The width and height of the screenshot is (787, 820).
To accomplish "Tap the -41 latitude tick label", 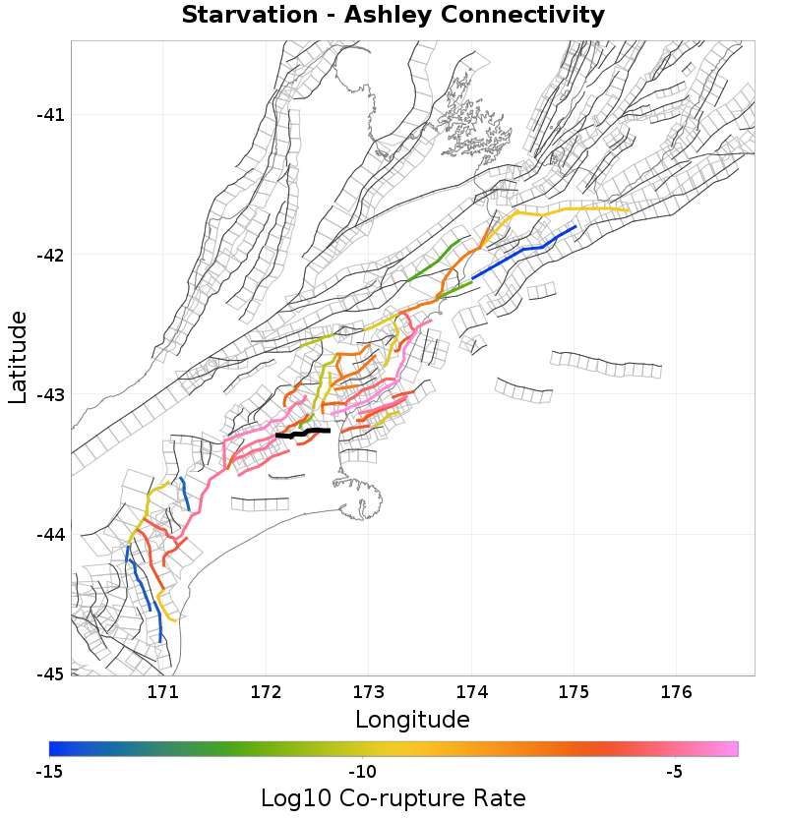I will [50, 115].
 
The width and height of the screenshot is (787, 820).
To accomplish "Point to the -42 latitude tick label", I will [50, 256].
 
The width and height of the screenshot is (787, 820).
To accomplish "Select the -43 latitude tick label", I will [50, 395].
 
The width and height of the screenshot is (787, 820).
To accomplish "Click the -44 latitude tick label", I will [50, 535].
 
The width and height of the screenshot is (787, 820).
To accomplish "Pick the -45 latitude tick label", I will [50, 674].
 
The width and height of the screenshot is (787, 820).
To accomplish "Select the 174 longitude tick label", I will [471, 692].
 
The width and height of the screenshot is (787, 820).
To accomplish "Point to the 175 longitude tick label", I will [574, 692].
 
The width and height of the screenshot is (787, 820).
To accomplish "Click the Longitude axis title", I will [412, 720].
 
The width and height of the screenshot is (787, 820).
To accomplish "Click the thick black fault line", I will [305, 433].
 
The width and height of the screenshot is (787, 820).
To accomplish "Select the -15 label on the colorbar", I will [49, 772].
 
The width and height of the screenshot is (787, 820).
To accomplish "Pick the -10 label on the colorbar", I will [362, 772].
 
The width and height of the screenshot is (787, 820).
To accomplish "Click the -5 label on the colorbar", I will [674, 772].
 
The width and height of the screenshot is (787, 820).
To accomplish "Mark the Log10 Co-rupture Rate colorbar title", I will [393, 798].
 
